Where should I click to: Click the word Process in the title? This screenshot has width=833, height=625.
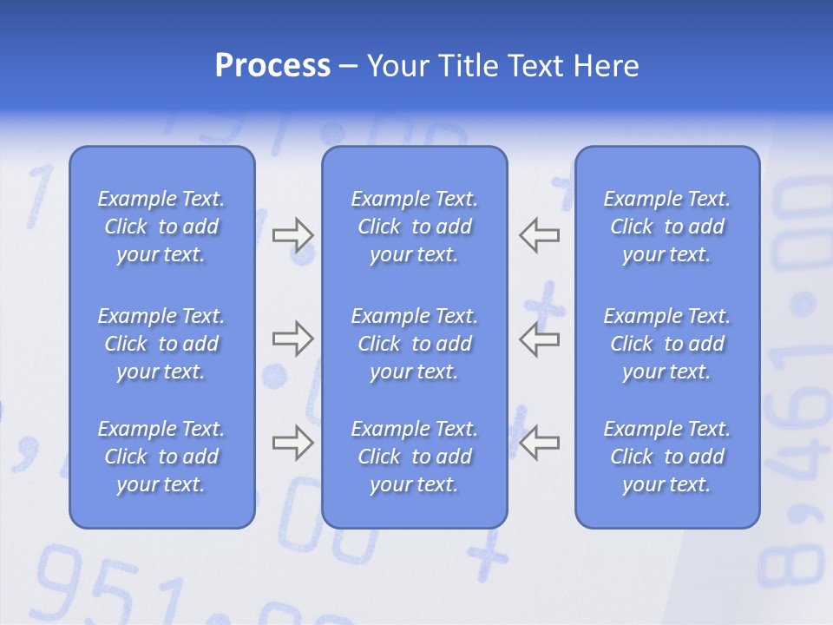click(x=272, y=66)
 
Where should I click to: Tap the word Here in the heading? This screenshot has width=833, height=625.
click(x=607, y=66)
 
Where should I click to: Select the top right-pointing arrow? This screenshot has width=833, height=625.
click(x=292, y=234)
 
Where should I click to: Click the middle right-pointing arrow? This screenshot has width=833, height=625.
click(x=292, y=339)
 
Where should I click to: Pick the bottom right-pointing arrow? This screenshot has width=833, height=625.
click(x=292, y=443)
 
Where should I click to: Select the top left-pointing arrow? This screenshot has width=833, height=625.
click(x=540, y=234)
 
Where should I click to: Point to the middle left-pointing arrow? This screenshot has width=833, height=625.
click(x=540, y=339)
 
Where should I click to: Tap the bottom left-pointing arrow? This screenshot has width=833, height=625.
click(x=540, y=443)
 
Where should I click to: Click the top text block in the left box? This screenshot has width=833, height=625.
click(x=161, y=227)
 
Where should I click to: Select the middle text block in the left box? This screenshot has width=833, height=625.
click(x=161, y=344)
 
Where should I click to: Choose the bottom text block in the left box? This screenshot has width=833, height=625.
click(x=161, y=457)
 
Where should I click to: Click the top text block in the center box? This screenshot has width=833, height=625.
click(x=415, y=227)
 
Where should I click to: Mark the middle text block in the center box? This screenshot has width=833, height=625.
click(x=415, y=344)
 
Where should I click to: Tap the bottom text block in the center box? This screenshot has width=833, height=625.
click(x=415, y=457)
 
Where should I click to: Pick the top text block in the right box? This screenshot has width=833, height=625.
click(x=667, y=227)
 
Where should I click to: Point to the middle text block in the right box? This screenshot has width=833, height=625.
click(x=667, y=344)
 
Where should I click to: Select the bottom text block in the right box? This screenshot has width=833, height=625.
click(x=667, y=457)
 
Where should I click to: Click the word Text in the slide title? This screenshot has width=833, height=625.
click(x=541, y=66)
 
